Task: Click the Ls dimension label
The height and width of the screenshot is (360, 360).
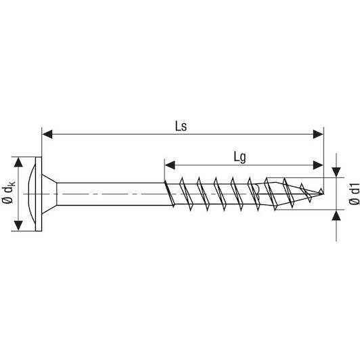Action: coord(181,126)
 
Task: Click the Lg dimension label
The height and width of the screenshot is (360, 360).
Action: coord(240,158)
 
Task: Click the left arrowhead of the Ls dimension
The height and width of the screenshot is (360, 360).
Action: coord(47,134)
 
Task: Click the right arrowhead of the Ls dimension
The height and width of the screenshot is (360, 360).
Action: coord(318,134)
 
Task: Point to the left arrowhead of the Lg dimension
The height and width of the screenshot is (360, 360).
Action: coord(170,165)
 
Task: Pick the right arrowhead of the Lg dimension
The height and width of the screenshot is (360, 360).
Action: coord(318,165)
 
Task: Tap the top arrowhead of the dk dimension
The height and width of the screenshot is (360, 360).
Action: coord(18,162)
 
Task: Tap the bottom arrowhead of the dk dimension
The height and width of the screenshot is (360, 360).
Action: coord(18,225)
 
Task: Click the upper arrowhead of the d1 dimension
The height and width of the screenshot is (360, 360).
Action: coord(336,172)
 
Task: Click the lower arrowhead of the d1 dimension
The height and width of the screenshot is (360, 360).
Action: coord(336,215)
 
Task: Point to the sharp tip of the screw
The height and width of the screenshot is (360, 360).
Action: coord(323,194)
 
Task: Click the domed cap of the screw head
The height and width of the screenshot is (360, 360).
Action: coord(31,194)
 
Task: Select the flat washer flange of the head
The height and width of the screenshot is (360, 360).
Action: coord(39,194)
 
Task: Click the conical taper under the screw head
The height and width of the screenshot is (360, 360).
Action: coord(49,194)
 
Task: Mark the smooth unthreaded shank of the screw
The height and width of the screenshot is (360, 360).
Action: coord(110,194)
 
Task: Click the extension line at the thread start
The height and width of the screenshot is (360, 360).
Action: coord(164,170)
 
